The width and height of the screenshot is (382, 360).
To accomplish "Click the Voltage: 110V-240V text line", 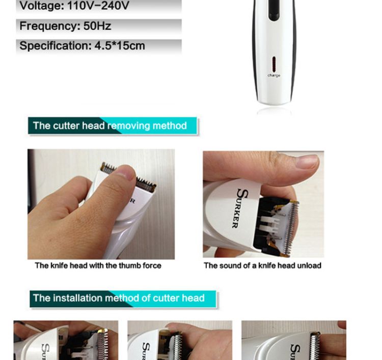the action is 74,6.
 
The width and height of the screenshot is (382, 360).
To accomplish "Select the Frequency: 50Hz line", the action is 65,26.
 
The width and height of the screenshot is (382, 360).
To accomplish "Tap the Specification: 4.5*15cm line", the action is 82,45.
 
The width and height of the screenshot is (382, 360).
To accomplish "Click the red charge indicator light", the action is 274,64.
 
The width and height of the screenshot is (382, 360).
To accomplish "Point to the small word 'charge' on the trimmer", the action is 274,75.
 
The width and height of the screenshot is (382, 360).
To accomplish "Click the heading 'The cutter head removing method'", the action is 110,126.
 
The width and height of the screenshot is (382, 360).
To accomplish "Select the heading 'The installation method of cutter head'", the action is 119,298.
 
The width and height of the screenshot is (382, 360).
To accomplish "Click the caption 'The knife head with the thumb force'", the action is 98,265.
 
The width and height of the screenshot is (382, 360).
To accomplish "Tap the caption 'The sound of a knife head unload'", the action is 263,265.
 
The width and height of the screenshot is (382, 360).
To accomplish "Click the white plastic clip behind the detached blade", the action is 269,225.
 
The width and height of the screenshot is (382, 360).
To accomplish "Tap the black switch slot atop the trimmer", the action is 274,10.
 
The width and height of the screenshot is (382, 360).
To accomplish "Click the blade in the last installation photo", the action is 315,346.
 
